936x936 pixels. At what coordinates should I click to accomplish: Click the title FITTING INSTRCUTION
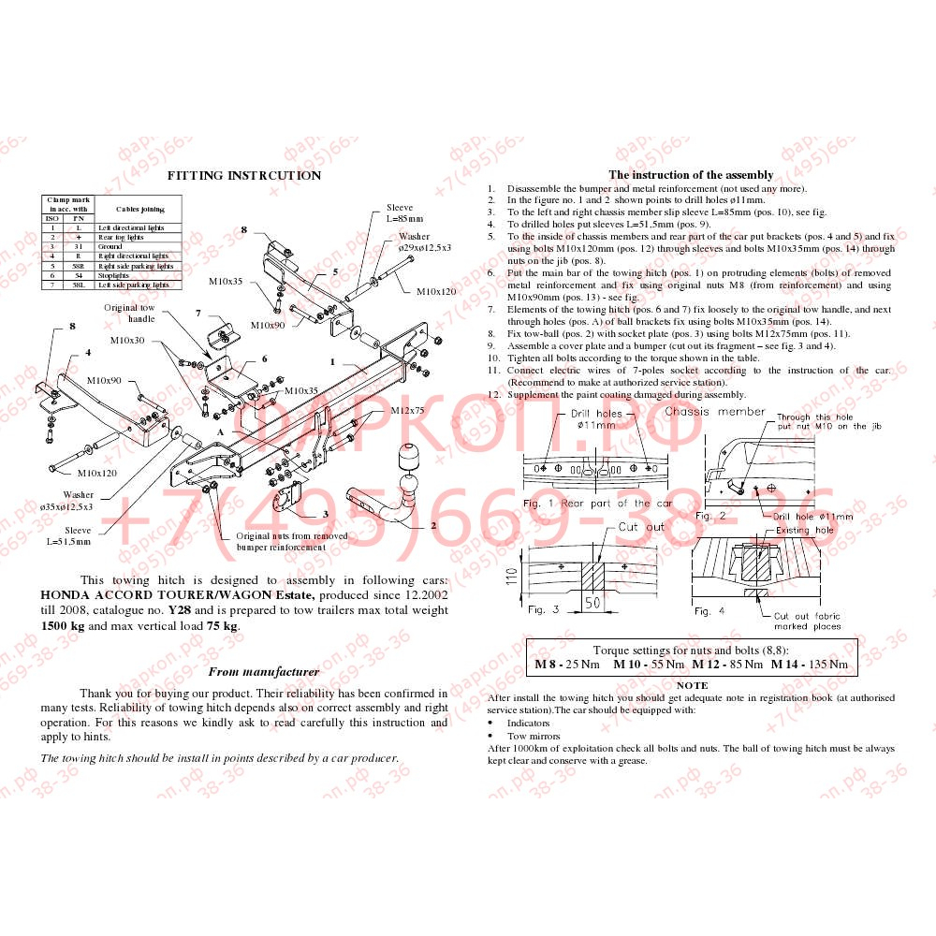click(x=243, y=175)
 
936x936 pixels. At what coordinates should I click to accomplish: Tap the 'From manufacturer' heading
click(x=263, y=671)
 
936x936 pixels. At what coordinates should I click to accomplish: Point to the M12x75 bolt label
click(x=407, y=410)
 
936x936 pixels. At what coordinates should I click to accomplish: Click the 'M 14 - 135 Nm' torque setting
click(x=810, y=665)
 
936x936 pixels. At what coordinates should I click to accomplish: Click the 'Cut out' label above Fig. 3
click(x=641, y=527)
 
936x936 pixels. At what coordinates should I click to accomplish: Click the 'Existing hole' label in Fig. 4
click(x=805, y=531)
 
